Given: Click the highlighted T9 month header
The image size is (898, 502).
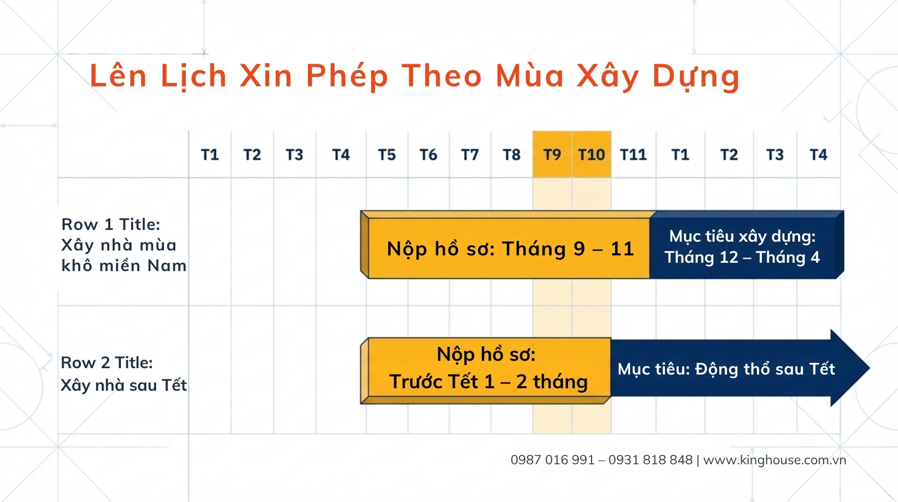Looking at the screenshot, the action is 552,154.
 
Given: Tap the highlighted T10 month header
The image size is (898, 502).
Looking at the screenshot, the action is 591,154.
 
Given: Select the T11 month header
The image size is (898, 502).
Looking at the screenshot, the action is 634,155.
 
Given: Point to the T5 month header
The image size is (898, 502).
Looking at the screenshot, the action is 387,155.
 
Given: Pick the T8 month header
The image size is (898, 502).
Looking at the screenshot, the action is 512,155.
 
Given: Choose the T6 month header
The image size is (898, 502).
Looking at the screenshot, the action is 428,155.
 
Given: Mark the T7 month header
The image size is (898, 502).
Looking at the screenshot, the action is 470,155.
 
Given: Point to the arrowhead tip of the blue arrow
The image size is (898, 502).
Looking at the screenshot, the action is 870,368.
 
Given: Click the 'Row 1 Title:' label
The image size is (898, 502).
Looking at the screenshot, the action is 111,225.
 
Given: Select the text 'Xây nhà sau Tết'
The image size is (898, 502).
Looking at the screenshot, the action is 123,385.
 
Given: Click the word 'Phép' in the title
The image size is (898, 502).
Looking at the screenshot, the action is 347,76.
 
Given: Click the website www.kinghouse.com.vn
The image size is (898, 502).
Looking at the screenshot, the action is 775,460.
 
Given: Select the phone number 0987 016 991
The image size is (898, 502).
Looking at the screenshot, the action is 552,460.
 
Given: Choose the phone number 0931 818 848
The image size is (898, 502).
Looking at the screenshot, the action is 651,460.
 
